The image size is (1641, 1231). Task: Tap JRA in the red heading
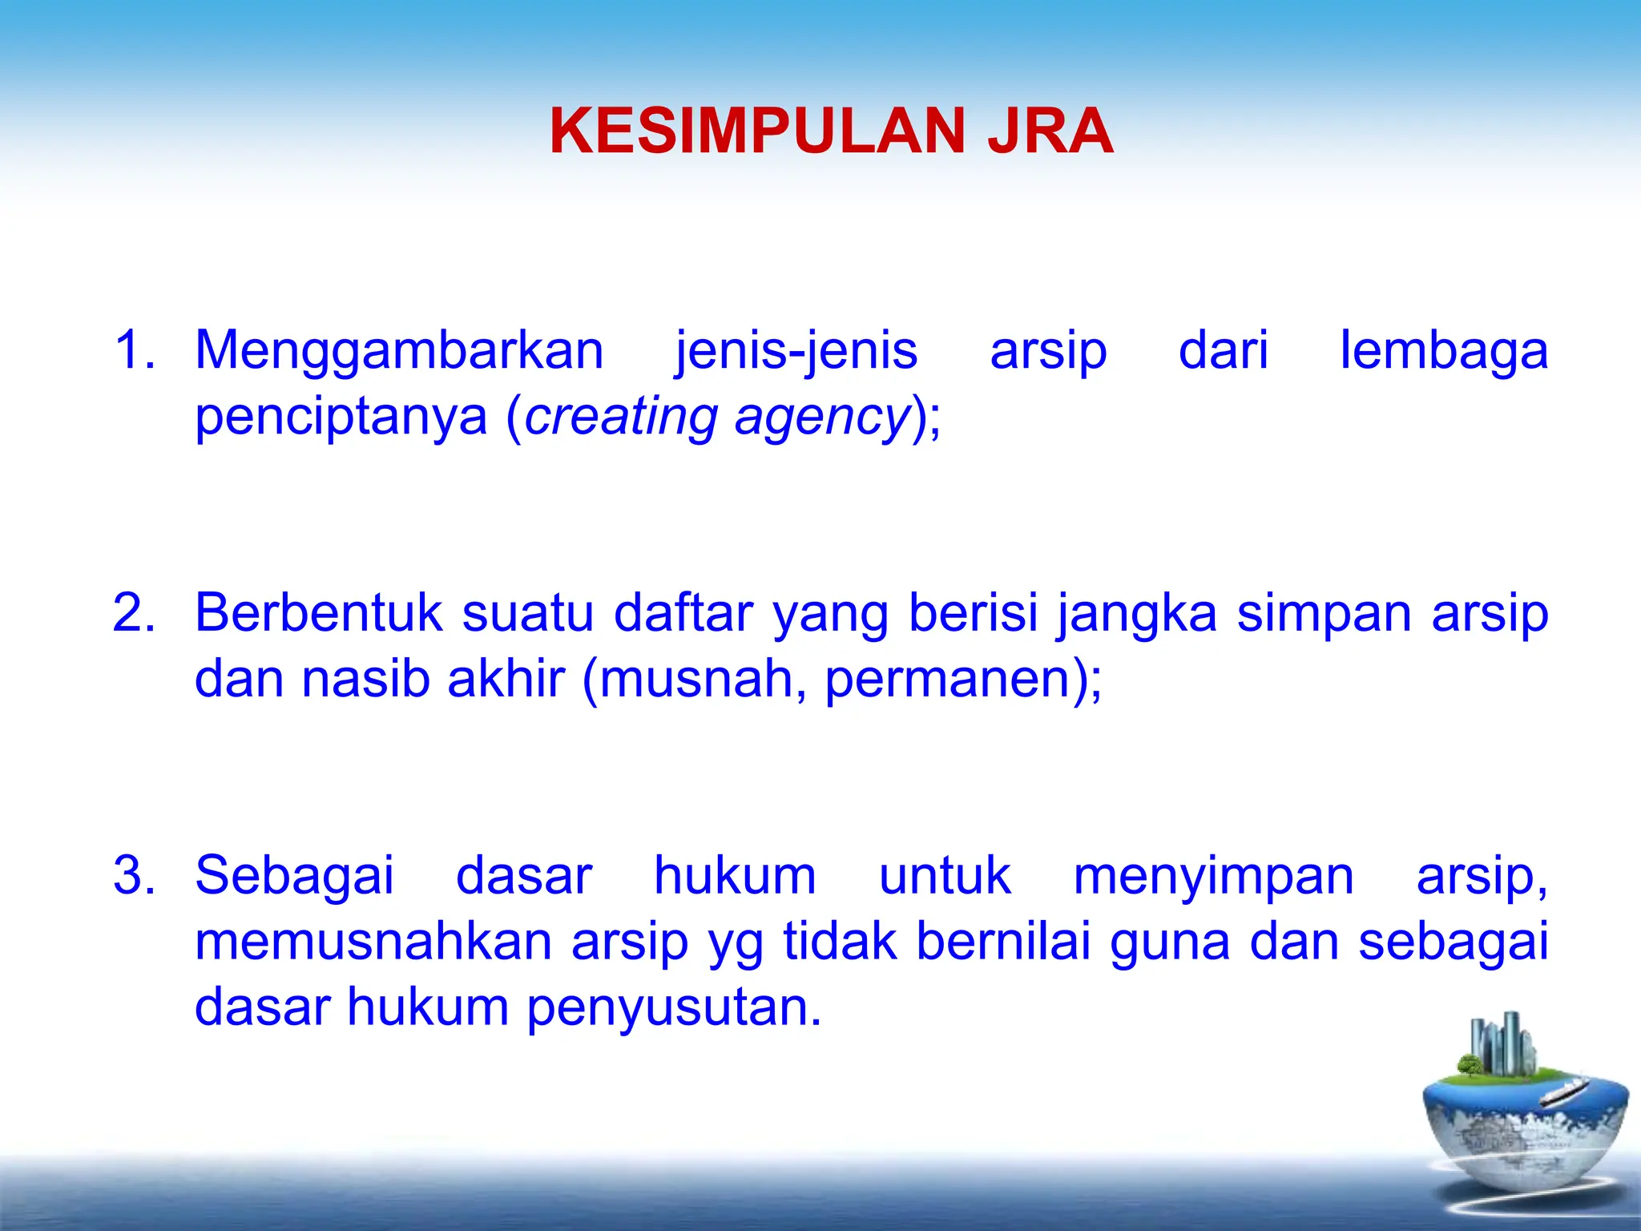1050,131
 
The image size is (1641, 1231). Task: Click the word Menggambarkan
399,352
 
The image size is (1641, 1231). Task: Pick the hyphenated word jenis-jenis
796,352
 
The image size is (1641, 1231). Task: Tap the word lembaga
1444,352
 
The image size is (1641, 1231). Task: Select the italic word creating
620,418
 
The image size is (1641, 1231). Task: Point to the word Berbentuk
318,613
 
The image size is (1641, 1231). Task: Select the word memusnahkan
373,942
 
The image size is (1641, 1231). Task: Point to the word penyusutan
673,1008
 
